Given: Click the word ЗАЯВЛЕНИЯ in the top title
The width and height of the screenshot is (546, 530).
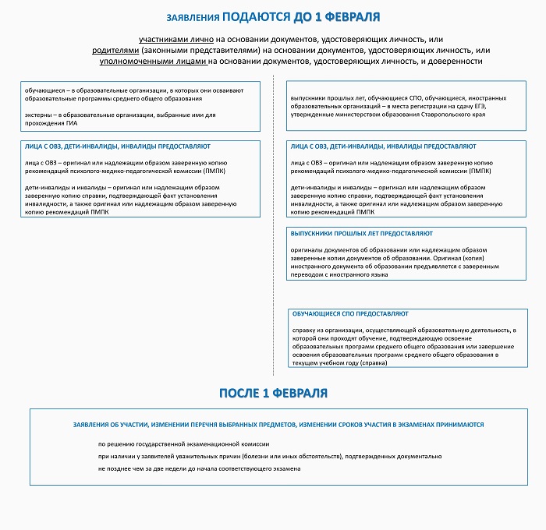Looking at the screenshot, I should point(193,17).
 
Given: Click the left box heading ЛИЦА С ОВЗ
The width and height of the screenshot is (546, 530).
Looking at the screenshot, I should point(117,146).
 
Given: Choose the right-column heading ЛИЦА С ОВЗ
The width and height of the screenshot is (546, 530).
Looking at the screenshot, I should point(382,146).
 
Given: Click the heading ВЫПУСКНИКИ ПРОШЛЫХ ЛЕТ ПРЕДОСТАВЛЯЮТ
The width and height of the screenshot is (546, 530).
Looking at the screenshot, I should point(361,233).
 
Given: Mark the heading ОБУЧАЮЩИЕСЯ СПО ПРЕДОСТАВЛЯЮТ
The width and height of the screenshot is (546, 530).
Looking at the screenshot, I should point(349,313).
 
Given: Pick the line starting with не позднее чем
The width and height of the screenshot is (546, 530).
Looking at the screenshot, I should point(199,468).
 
